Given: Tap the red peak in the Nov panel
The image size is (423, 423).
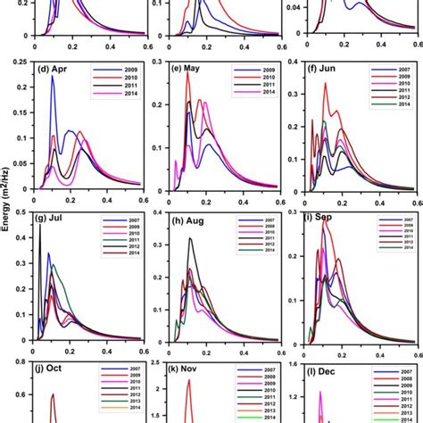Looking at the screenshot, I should pos(188,381).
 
